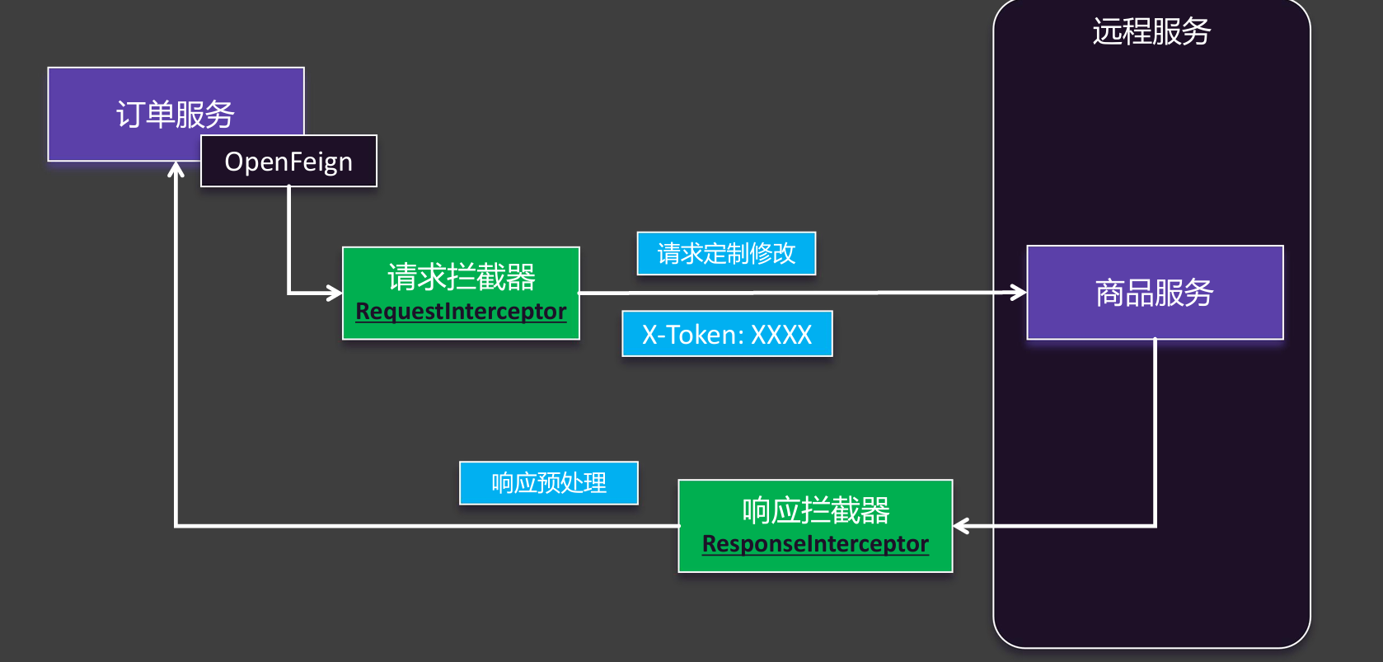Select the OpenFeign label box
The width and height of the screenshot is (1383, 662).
[288, 162]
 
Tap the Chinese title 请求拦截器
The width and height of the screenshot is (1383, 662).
[461, 277]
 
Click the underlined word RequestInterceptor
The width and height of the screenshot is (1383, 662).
[461, 312]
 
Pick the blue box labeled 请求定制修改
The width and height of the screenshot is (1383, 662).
[726, 253]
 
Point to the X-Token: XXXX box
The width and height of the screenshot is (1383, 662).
[727, 334]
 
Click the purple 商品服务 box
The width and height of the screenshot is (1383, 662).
[1154, 293]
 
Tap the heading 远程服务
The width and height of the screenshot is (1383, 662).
[1151, 32]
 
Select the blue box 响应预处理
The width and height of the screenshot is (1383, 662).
[548, 482]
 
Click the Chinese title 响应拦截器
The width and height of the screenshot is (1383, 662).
[815, 510]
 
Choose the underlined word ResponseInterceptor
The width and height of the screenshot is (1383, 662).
[815, 544]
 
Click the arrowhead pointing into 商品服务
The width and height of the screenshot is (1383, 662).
[1020, 292]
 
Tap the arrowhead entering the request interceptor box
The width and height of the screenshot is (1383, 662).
[335, 292]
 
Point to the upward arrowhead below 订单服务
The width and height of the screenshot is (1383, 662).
[176, 169]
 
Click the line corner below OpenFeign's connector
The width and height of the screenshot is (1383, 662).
[288, 292]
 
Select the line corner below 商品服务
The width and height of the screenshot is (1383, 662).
[1155, 525]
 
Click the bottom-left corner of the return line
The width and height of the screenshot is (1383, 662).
[176, 525]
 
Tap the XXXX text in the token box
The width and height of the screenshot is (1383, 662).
[781, 335]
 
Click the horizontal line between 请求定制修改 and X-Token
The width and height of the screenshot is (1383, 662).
[725, 292]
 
